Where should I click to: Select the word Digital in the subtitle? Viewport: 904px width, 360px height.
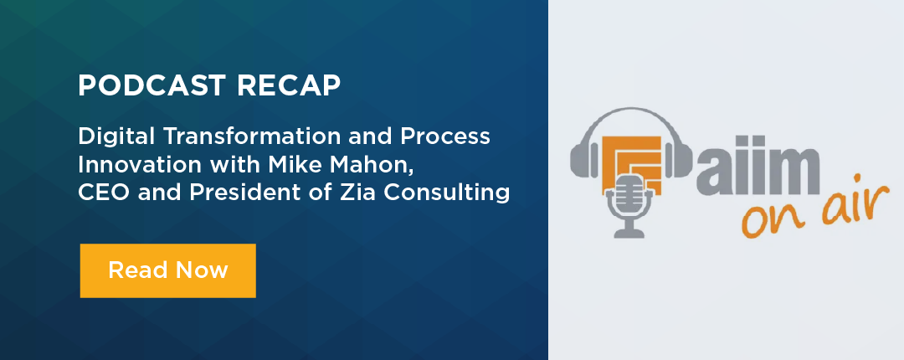108,135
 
